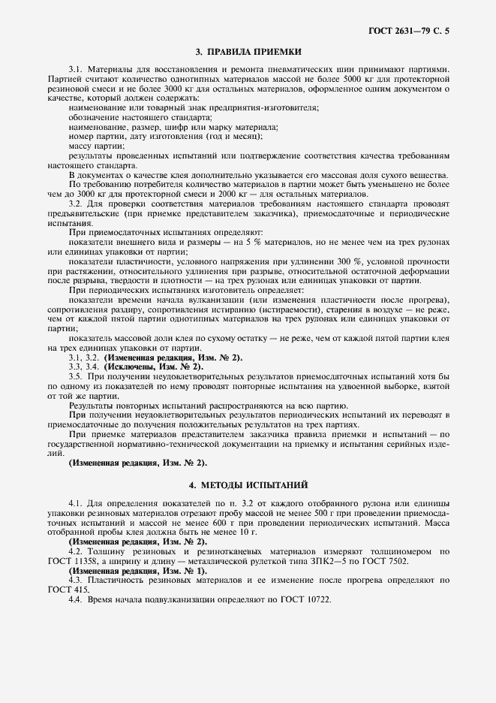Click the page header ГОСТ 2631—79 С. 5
[x=413, y=30]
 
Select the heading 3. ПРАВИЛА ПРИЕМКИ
[x=248, y=52]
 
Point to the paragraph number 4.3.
[x=75, y=579]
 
